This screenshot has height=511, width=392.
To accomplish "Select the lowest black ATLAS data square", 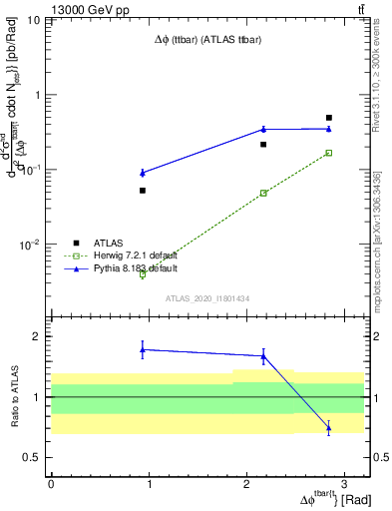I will (143, 191).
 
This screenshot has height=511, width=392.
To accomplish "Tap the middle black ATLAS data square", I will (263, 145).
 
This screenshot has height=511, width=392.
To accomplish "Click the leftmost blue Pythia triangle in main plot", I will (143, 173).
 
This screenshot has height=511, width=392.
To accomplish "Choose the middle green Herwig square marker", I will (263, 193).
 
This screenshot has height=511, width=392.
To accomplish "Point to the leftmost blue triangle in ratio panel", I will (143, 349).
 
